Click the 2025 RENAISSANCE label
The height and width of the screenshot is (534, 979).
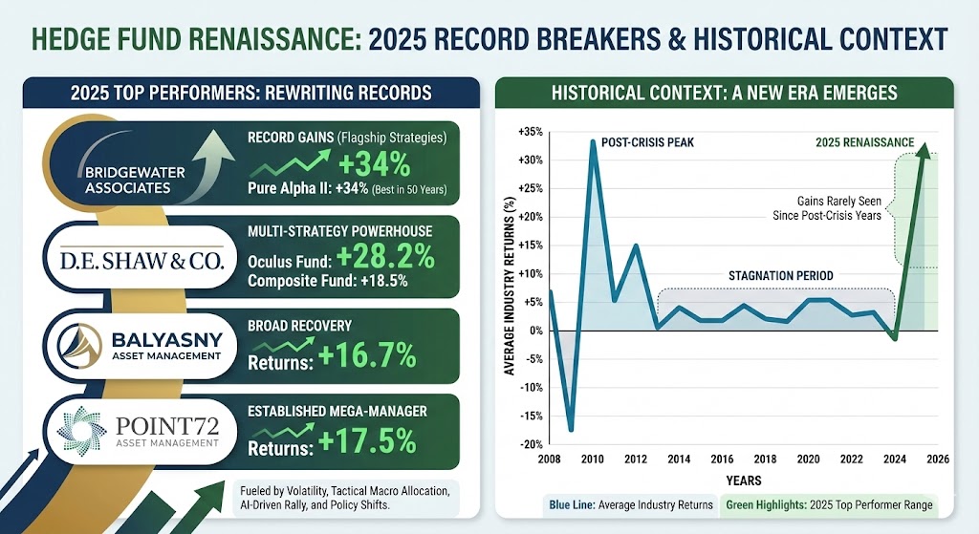(x=861, y=143)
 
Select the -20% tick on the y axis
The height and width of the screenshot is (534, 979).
(x=529, y=444)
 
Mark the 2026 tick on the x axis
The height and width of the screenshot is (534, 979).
(x=938, y=459)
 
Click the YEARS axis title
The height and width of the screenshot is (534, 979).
(x=743, y=481)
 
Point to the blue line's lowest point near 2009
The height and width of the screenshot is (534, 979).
(x=571, y=430)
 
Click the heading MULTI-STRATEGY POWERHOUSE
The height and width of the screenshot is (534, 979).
(x=339, y=230)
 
